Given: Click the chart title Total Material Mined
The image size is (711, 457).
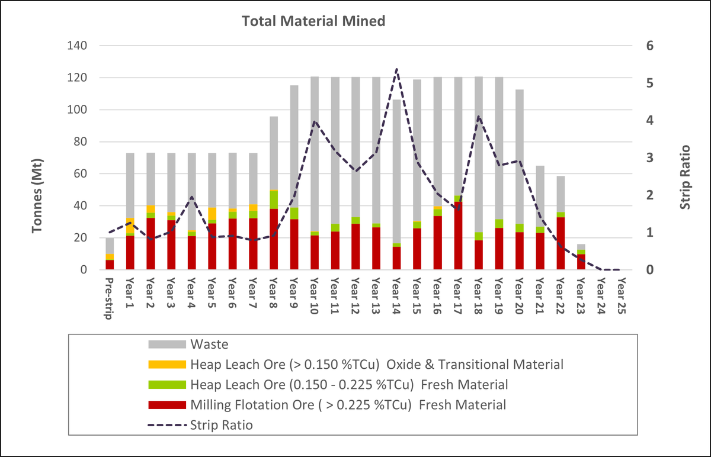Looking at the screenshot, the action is click(x=313, y=21).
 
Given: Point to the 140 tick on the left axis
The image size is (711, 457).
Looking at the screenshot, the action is click(x=77, y=46).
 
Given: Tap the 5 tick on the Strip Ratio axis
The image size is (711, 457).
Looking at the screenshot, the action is click(x=650, y=83).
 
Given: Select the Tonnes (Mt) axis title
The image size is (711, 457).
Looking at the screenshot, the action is click(x=37, y=196).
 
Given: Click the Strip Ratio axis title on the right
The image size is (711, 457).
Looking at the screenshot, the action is click(x=685, y=177).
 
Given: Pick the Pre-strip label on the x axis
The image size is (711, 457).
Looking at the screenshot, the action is click(x=109, y=298).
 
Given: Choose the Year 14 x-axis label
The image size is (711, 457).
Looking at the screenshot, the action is click(x=396, y=296).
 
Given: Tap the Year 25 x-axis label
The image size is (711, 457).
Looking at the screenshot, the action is click(x=622, y=296).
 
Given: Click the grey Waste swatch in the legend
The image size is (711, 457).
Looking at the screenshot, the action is click(x=167, y=345).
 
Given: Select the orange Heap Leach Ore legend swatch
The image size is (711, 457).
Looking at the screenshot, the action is click(x=167, y=365).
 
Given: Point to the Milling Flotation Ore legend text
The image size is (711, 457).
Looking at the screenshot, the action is click(x=348, y=405).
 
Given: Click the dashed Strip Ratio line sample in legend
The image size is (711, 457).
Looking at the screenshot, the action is click(x=167, y=425).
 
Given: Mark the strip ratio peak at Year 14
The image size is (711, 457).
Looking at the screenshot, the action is click(x=397, y=69).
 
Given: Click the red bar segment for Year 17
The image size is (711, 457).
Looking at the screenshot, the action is click(x=458, y=236).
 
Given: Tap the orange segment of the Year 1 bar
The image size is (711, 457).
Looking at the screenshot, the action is click(x=130, y=226).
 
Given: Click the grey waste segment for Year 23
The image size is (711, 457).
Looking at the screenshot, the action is click(x=581, y=247).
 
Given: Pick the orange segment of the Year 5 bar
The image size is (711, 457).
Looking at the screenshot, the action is click(x=212, y=214).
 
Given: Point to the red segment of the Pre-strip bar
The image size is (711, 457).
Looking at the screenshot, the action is click(x=110, y=265).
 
